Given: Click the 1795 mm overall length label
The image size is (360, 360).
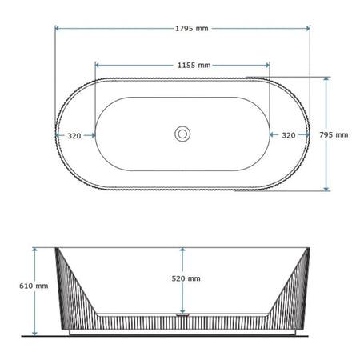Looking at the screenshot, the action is point(192,29).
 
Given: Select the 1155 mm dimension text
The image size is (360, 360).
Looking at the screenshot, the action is point(194,66).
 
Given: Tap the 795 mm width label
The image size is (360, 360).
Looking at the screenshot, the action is point(334,135).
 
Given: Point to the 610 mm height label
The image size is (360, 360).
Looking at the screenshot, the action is point(34,286).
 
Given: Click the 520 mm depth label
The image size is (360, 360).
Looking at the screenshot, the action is point(186,278).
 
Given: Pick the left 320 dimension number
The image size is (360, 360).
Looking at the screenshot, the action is point(74,136).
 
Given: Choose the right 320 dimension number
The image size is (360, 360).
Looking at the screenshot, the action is point(289,135).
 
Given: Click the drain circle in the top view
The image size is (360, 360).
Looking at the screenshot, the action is point(182,134).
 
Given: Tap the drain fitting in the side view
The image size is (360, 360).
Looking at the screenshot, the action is point(182,315).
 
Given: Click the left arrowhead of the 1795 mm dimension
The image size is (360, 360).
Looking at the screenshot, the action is point(57,29).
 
